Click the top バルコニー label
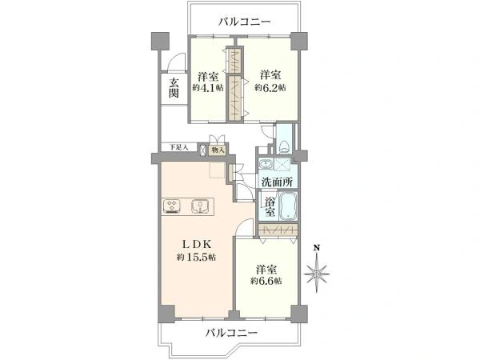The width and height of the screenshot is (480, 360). [245, 22]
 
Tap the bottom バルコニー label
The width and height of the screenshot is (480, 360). [231, 332]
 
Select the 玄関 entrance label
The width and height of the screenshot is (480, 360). [174, 88]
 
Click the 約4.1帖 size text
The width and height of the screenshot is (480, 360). [207, 87]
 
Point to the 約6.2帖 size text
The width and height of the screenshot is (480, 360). [270, 87]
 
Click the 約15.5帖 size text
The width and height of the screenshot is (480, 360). [196, 257]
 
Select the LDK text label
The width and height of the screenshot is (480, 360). [197, 244]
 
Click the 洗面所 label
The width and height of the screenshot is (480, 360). [278, 182]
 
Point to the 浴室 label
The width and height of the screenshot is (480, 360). [270, 207]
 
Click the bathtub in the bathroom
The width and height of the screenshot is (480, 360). [288, 206]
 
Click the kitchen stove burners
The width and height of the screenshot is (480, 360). [172, 206]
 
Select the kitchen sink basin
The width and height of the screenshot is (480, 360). [200, 206]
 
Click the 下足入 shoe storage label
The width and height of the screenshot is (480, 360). [178, 147]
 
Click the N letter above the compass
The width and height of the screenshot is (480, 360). [318, 248]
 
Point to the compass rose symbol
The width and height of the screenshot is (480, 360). [317, 274]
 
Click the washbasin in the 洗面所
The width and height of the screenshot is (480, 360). [265, 165]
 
